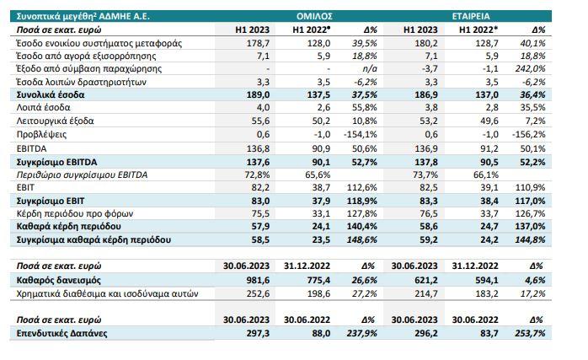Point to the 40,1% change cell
click(532, 42)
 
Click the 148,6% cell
click(362, 240)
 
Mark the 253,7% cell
click(530, 333)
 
